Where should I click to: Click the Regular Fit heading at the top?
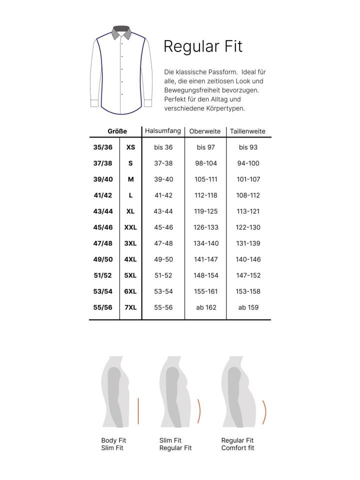tap(203, 46)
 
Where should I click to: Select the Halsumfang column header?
tap(163, 131)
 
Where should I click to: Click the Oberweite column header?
tap(205, 131)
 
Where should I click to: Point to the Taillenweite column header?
tap(247, 131)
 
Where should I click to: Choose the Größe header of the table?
tap(117, 131)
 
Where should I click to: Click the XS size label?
tap(131, 147)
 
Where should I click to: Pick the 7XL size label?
tap(130, 307)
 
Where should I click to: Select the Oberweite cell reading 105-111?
tap(205, 179)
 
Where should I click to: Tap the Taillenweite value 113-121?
tap(248, 211)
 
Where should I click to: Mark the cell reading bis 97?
tap(205, 147)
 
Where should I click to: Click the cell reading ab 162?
tap(205, 307)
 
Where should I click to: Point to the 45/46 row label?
tap(103, 227)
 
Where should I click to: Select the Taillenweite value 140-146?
tap(248, 259)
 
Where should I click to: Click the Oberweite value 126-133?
tap(205, 227)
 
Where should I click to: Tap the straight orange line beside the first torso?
tap(137, 410)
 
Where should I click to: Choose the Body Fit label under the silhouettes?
tap(113, 440)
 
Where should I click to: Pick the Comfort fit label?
tap(237, 448)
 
